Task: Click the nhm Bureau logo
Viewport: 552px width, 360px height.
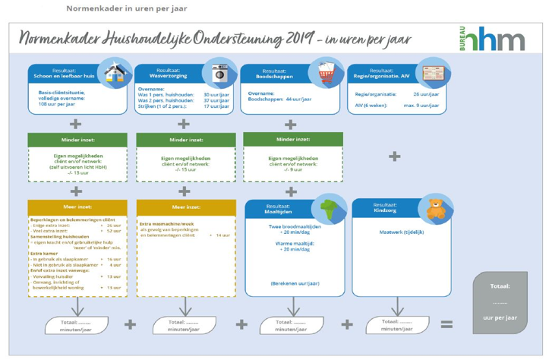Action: coord(491,38)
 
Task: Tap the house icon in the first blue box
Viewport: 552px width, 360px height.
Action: coord(115,74)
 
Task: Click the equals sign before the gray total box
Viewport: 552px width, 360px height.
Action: coord(446,325)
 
